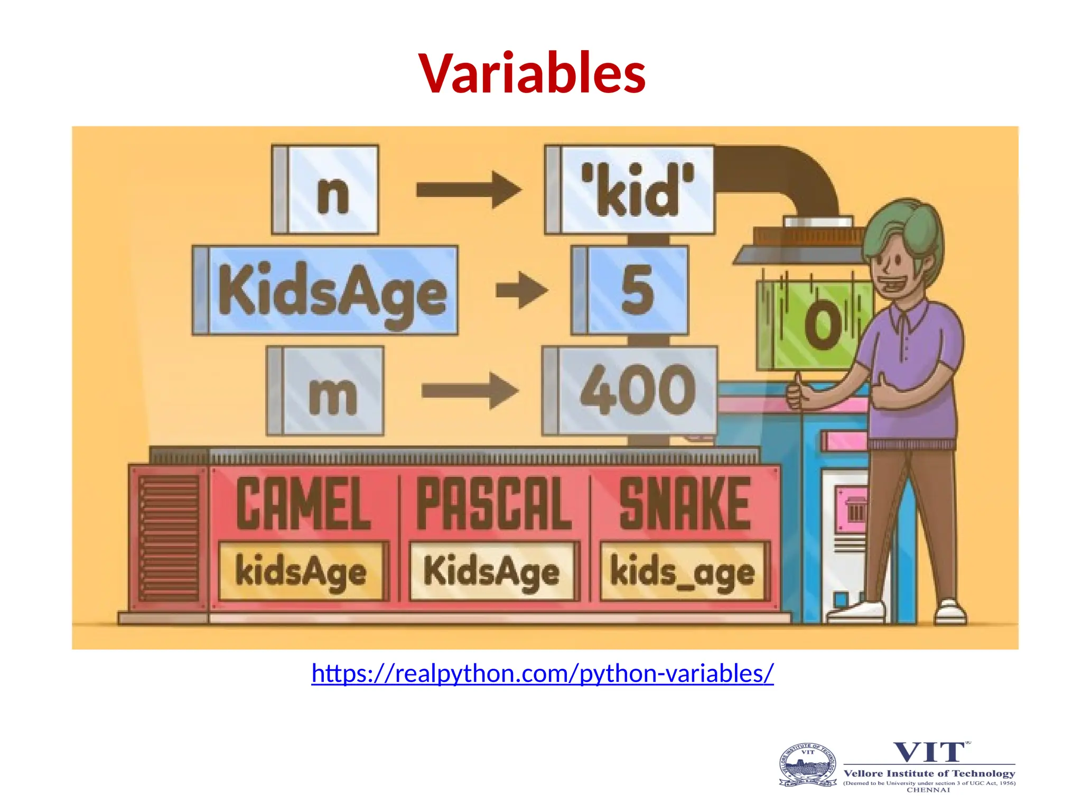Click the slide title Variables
click(532, 73)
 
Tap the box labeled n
click(325, 190)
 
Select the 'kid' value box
click(630, 190)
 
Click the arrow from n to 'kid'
click(468, 189)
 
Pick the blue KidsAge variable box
click(325, 290)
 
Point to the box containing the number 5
click(630, 290)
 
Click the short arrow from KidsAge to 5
click(521, 290)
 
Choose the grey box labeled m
click(325, 391)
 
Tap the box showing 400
click(630, 391)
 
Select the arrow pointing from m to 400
click(469, 391)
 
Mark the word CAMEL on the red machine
click(303, 503)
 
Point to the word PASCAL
click(493, 503)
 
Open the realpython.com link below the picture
click(542, 674)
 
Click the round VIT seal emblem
click(807, 765)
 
